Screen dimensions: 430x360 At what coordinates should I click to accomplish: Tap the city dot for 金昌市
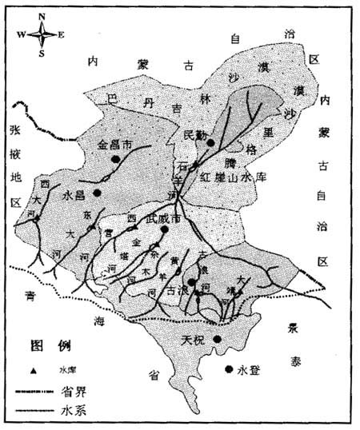(117, 159)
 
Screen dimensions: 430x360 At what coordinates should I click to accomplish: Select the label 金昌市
(114, 146)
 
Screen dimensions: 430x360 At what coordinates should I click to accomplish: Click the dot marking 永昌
(97, 193)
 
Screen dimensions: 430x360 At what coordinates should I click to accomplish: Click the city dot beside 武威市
(163, 231)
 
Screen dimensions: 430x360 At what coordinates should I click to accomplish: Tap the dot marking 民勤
(210, 143)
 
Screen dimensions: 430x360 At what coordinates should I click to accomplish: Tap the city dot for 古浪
(191, 281)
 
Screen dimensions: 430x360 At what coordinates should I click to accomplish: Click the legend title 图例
(50, 347)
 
